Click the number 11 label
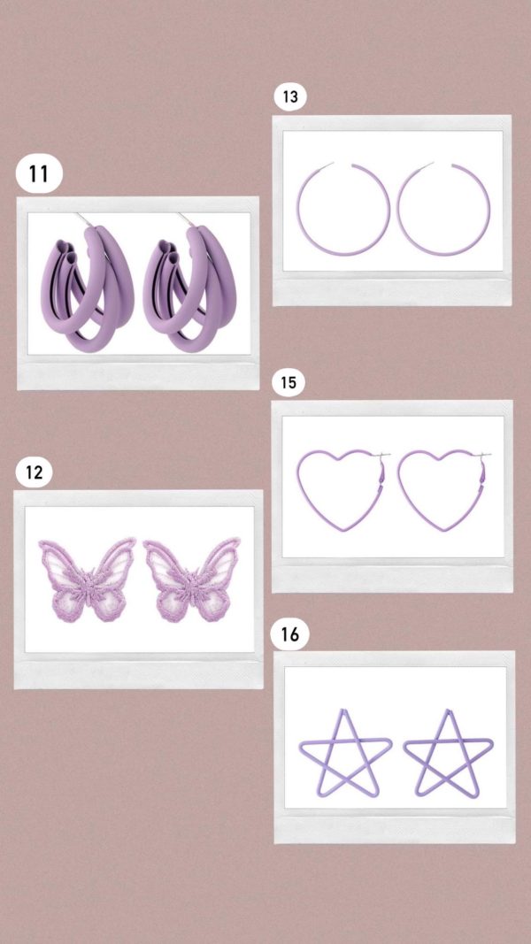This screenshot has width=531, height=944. [x=39, y=174]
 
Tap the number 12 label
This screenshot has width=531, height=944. [x=35, y=472]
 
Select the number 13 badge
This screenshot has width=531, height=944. [x=290, y=97]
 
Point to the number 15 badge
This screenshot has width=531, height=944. [x=289, y=383]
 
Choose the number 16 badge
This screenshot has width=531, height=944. [x=289, y=634]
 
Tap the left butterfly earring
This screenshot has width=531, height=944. [x=88, y=579]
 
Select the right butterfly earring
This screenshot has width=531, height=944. [x=191, y=579]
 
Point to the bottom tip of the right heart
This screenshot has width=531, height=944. [x=445, y=531]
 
